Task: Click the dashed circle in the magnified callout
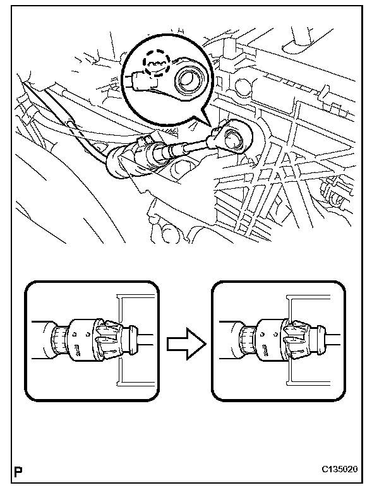tap(155, 64)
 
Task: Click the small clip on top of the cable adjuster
tap(143, 140)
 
